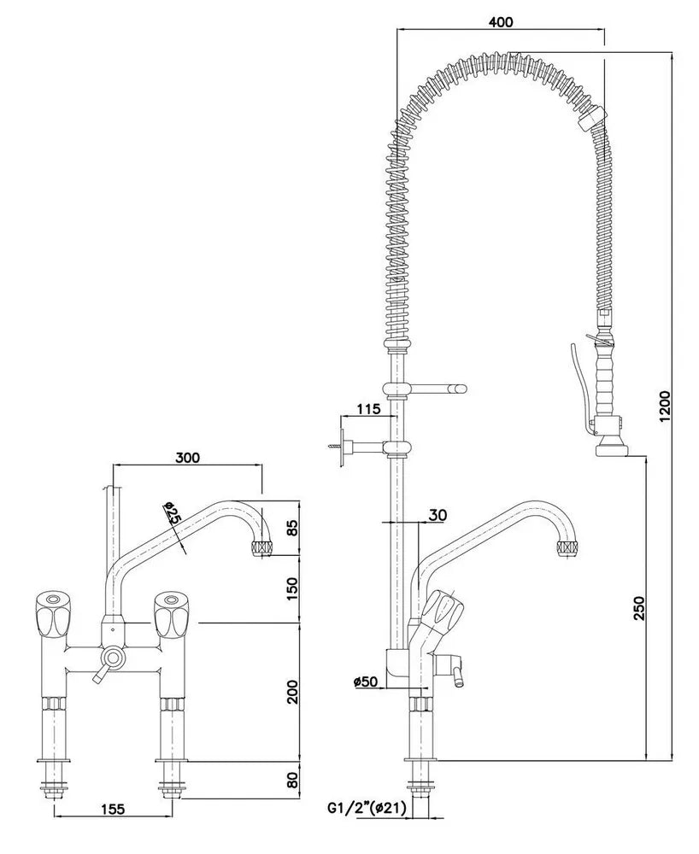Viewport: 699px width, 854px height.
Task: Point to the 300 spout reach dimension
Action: pos(187,457)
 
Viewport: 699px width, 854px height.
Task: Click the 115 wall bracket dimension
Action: pos(368,409)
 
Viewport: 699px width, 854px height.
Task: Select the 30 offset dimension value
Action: pos(438,514)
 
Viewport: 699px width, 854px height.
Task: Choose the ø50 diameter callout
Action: pos(365,681)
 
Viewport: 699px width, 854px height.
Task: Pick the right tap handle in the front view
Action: pos(169,614)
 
